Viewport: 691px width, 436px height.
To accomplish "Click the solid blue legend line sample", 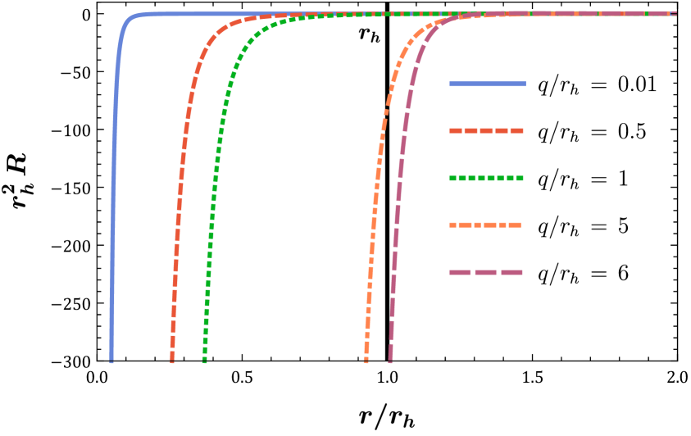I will pyautogui.click(x=487, y=84).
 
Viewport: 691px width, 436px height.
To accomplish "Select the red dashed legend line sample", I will pyautogui.click(x=486, y=130).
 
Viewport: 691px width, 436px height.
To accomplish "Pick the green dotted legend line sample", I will pyautogui.click(x=486, y=178).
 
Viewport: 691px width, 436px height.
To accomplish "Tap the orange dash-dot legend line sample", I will pyautogui.click(x=485, y=225).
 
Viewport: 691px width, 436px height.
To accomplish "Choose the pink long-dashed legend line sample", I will pyautogui.click(x=486, y=272).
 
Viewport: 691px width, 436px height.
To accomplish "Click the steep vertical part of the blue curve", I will pyautogui.click(x=113, y=205).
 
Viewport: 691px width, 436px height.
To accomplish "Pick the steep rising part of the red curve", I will pyautogui.click(x=178, y=205).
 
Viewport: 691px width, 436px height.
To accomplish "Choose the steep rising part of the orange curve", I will pyautogui.click(x=375, y=205).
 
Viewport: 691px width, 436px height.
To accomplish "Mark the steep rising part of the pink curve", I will pyautogui.click(x=397, y=205).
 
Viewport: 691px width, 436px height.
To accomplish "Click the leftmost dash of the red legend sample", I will pyautogui.click(x=456, y=130).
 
